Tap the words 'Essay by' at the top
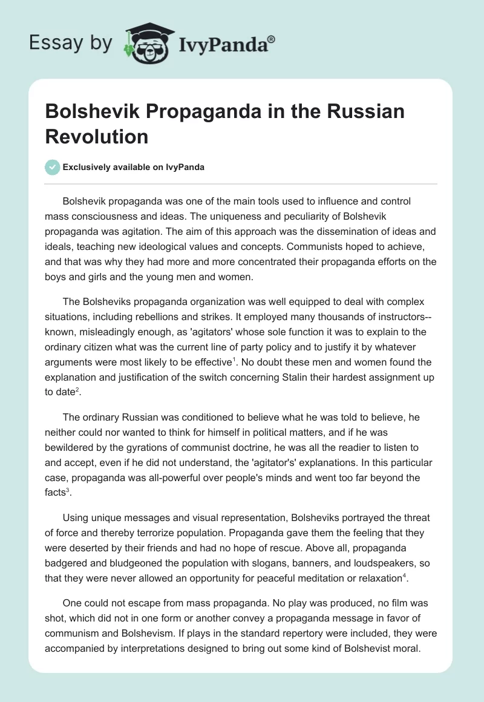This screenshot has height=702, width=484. point(70,43)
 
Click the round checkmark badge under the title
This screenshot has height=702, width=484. point(53,167)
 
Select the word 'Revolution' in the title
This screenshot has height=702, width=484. point(97,137)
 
